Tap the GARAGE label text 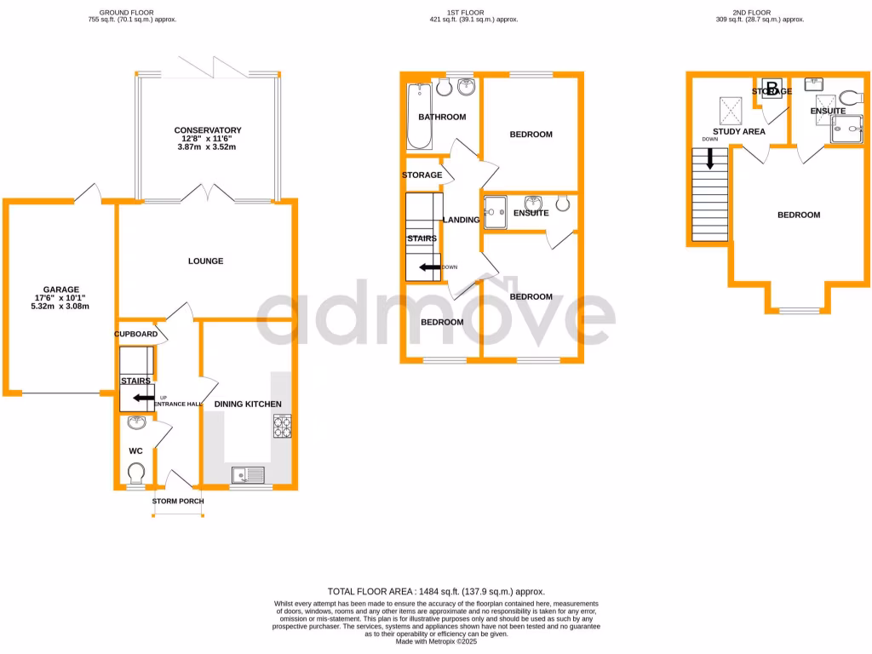61,289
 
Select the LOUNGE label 205,261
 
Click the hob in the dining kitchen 282,426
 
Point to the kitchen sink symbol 248,475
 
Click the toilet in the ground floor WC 135,471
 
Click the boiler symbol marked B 772,89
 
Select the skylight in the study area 730,109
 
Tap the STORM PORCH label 178,501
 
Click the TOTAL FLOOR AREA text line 436,591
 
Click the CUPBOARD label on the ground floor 135,335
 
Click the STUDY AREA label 738,131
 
